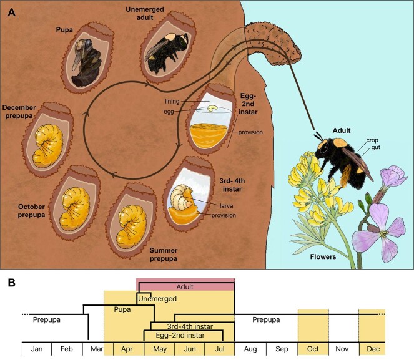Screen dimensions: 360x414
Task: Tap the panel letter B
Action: coord(11,283)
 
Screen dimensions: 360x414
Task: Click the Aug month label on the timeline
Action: coord(249,350)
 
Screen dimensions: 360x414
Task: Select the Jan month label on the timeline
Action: coord(36,350)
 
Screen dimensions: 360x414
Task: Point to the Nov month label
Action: coord(343,350)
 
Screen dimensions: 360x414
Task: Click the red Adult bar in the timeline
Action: coord(185,287)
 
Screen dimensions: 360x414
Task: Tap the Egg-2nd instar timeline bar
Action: coord(179,335)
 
